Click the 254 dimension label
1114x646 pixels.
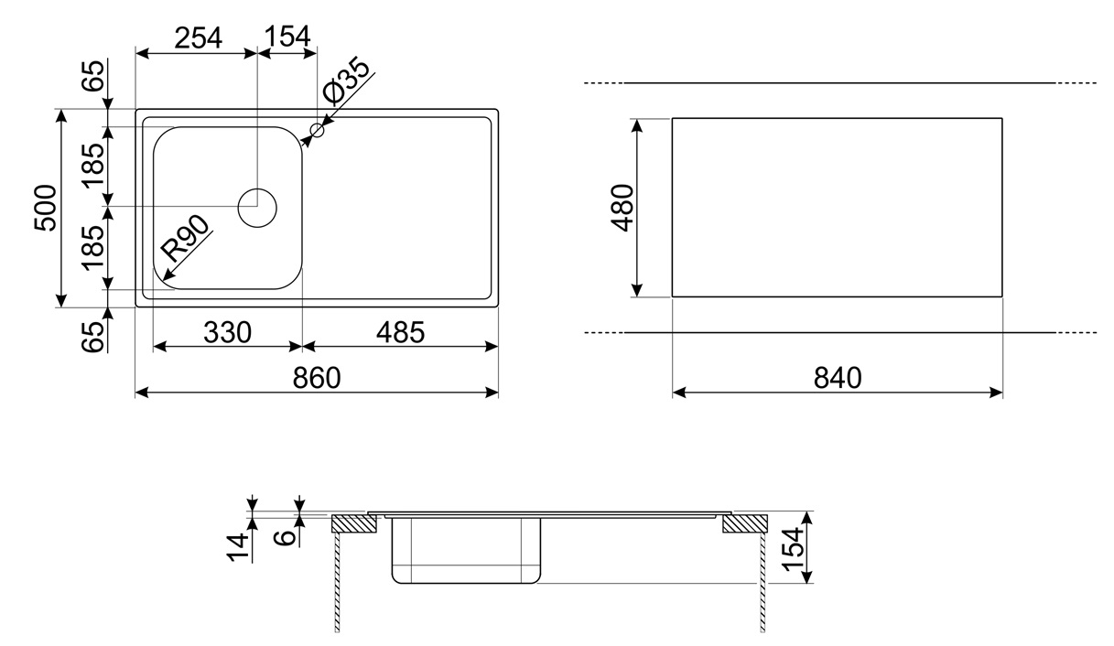tap(199, 38)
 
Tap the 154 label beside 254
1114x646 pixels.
tap(287, 37)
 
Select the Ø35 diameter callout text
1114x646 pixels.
tap(346, 81)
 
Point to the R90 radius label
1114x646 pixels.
tap(186, 238)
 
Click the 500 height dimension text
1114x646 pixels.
tap(45, 208)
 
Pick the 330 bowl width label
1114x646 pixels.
tap(227, 332)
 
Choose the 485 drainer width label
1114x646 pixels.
tap(400, 332)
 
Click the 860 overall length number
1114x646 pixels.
tap(317, 378)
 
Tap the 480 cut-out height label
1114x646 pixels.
tap(622, 208)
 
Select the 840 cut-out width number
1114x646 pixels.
tap(838, 378)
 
